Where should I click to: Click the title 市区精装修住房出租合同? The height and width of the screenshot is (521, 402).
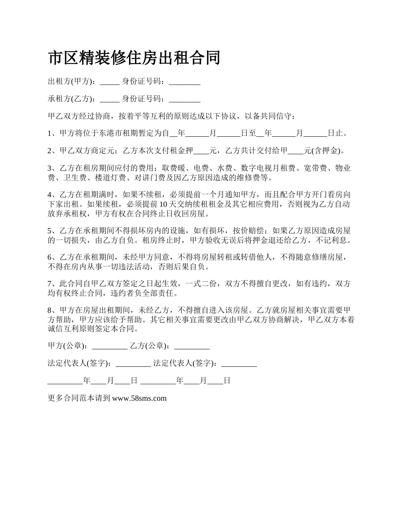[x=134, y=58]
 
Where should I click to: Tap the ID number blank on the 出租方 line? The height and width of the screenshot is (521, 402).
[x=184, y=81]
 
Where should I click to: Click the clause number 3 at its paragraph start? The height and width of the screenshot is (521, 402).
[x=50, y=168]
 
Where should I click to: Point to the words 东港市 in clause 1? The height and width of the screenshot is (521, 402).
[x=110, y=133]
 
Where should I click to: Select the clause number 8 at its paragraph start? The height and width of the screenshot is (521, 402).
[x=50, y=310]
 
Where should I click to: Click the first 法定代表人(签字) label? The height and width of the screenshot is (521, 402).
[x=80, y=363]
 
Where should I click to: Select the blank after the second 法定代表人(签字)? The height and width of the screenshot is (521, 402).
[x=239, y=363]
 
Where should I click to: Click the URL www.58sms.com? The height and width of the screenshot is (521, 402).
[x=140, y=398]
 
